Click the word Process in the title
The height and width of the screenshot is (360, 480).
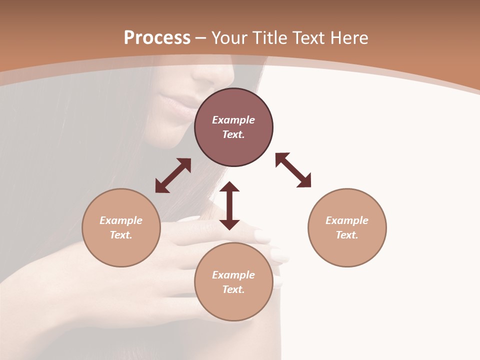157,38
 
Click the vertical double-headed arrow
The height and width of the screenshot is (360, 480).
229,205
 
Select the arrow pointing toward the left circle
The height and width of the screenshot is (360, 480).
173,175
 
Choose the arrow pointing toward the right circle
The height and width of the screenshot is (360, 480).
293,170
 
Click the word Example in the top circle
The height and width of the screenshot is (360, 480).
233,120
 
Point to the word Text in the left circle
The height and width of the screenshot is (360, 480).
121,235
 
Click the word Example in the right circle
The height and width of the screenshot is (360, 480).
347,220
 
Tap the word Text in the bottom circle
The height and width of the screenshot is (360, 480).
233,289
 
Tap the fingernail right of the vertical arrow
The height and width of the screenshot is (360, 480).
261,235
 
